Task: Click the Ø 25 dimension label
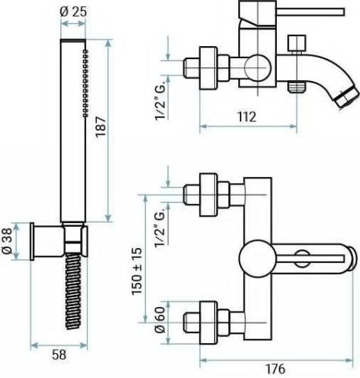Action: tap(73, 11)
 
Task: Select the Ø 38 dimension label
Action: tap(7, 241)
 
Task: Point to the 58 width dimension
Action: tap(59, 355)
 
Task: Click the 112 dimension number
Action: tap(247, 116)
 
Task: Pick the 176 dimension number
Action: tap(275, 369)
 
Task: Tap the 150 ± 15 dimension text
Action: tap(137, 271)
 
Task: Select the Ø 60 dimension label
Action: tap(160, 320)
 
